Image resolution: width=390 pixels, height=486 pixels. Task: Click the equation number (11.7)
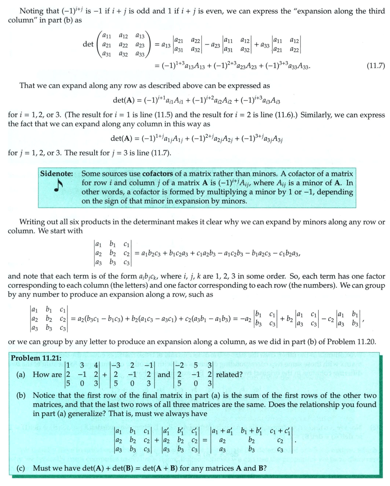click(373, 65)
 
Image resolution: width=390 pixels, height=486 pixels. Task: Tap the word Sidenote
click(56, 173)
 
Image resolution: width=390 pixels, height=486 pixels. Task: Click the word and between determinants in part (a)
click(164, 375)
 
